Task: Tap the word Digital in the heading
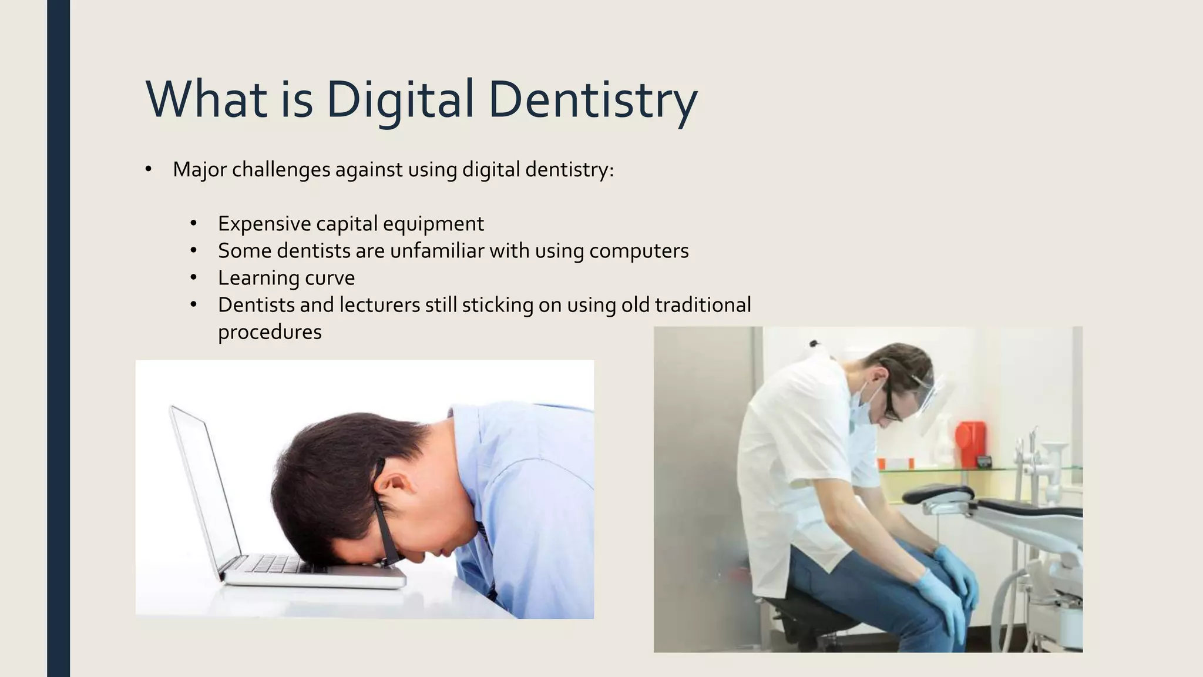point(399,100)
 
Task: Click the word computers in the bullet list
point(639,251)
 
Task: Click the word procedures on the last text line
point(270,332)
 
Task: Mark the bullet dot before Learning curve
point(193,277)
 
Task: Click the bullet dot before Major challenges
point(148,170)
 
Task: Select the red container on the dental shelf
point(970,443)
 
